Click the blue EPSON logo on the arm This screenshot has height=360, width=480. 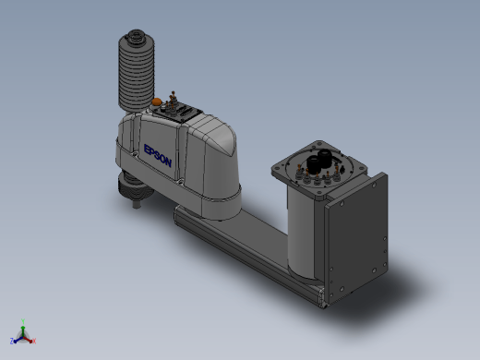click(158, 156)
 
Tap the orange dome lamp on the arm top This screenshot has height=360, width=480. click(157, 102)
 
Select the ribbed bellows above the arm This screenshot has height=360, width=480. click(137, 71)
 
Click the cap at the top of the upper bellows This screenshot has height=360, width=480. click(136, 36)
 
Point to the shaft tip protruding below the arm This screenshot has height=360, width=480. click(137, 204)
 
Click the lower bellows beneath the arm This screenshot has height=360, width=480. click(135, 186)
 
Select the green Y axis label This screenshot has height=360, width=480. click(23, 321)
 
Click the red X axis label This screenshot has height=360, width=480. click(34, 341)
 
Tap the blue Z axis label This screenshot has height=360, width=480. click(12, 341)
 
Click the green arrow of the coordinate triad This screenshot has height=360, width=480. click(23, 330)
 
